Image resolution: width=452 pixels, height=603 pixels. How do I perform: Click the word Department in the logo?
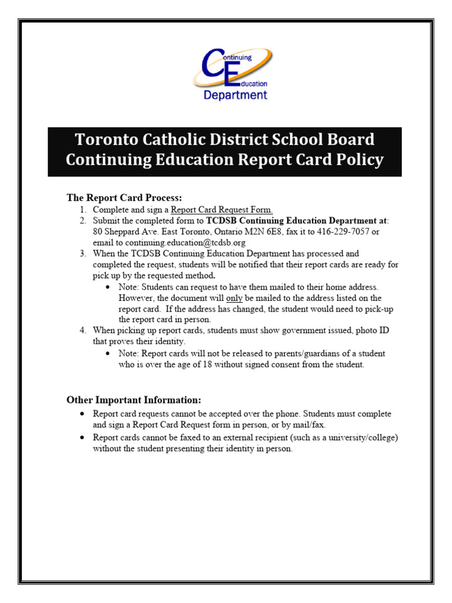[235, 95]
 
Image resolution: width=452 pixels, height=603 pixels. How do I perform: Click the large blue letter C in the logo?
[213, 66]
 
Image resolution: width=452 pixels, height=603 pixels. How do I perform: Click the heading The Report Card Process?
[124, 198]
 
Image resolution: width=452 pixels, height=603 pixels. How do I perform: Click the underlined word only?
[234, 297]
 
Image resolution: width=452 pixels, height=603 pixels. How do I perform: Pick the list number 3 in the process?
[82, 253]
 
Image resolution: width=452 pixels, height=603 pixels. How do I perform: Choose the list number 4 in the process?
[82, 330]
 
